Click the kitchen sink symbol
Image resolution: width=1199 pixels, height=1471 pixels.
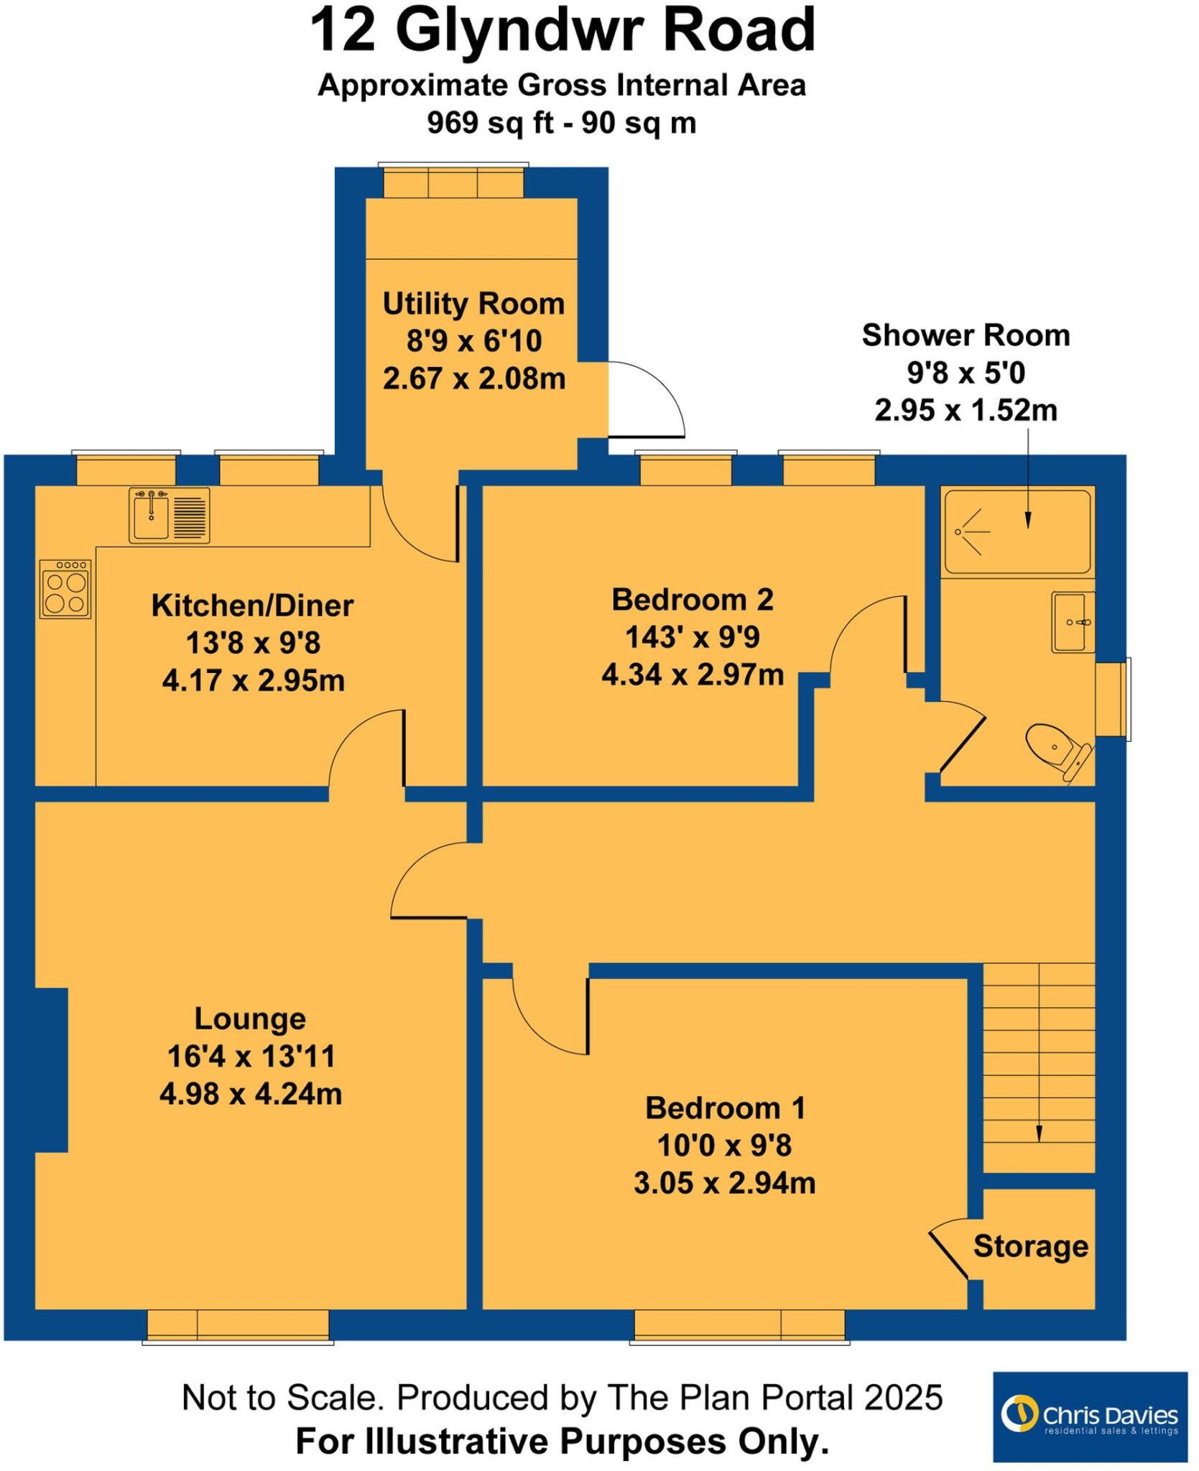click(170, 515)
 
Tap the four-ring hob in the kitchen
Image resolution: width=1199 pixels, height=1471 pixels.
click(65, 590)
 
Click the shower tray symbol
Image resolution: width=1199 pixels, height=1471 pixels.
click(1017, 532)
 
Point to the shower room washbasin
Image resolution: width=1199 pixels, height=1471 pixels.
click(1072, 622)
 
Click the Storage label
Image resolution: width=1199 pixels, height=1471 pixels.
click(1030, 1246)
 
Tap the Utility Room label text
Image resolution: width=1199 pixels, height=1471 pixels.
click(473, 304)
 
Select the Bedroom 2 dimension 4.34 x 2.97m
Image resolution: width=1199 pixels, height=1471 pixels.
click(693, 675)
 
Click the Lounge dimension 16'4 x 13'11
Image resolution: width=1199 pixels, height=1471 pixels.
click(251, 1057)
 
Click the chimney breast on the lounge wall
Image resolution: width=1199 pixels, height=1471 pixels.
click(51, 1069)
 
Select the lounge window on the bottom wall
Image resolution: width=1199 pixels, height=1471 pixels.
click(238, 1325)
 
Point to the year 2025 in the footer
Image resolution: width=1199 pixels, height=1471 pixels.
click(903, 1398)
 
